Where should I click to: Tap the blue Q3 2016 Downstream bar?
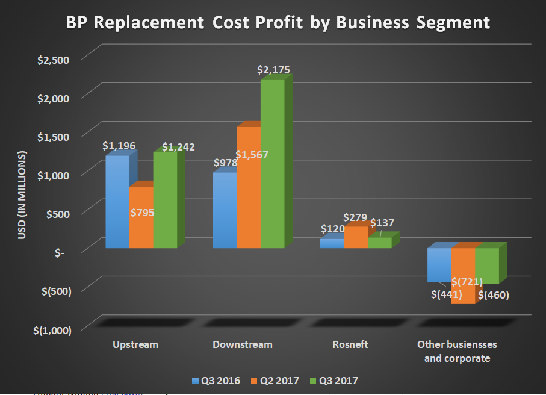point(225,211)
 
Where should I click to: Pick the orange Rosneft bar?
point(356,238)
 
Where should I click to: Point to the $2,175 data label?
point(273,70)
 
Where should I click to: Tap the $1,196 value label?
point(119,145)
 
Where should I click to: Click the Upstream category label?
point(135,345)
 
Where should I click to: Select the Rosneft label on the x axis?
point(350,345)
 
